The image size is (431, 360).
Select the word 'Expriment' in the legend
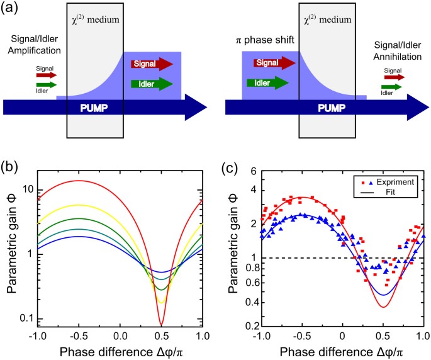(393, 181)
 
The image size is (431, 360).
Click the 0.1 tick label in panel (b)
(26, 318)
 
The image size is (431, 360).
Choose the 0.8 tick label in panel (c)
(247, 267)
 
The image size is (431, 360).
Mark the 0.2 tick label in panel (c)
(247, 325)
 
